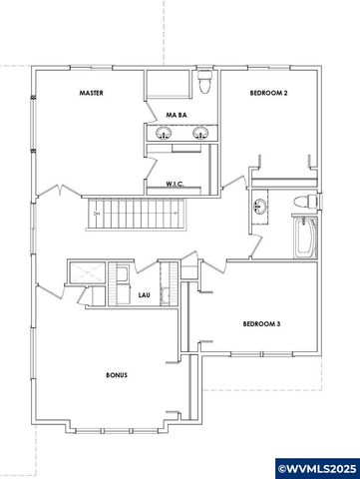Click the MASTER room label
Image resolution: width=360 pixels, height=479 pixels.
[x=93, y=94]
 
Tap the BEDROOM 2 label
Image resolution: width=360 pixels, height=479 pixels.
[x=267, y=94]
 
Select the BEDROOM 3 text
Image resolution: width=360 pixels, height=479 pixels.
[x=262, y=323]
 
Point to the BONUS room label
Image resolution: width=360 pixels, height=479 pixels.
[x=117, y=375]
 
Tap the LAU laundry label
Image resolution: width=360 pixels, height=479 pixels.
[x=144, y=295]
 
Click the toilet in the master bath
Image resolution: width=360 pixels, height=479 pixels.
[x=203, y=81]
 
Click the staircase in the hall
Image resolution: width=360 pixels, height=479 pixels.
[x=136, y=212]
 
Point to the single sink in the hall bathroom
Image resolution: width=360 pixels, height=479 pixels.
[x=261, y=208]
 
